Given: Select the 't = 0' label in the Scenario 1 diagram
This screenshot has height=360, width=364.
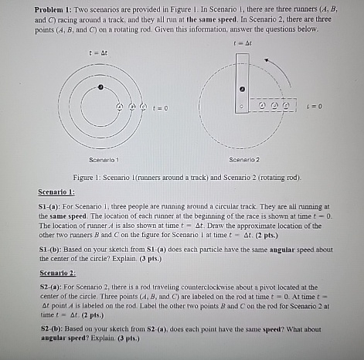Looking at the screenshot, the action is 159,107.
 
